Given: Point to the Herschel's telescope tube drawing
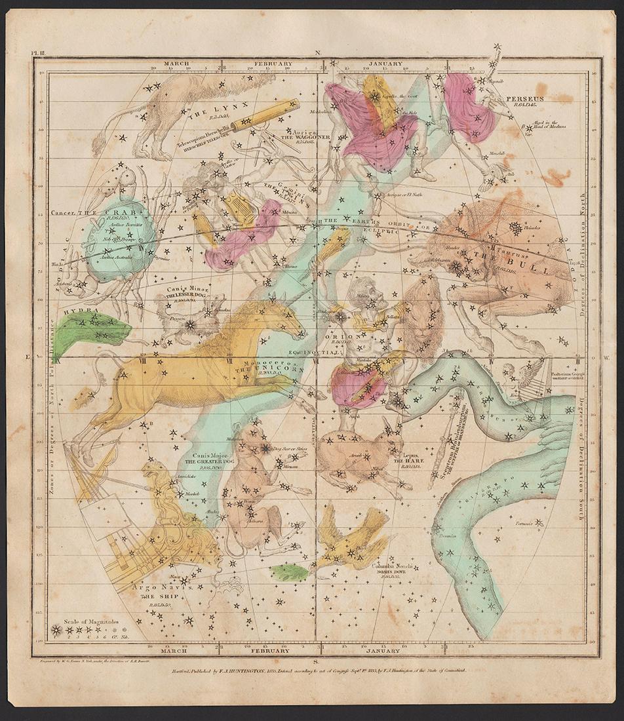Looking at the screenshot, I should click(x=265, y=114).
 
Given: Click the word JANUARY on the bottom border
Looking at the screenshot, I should click(x=383, y=650).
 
